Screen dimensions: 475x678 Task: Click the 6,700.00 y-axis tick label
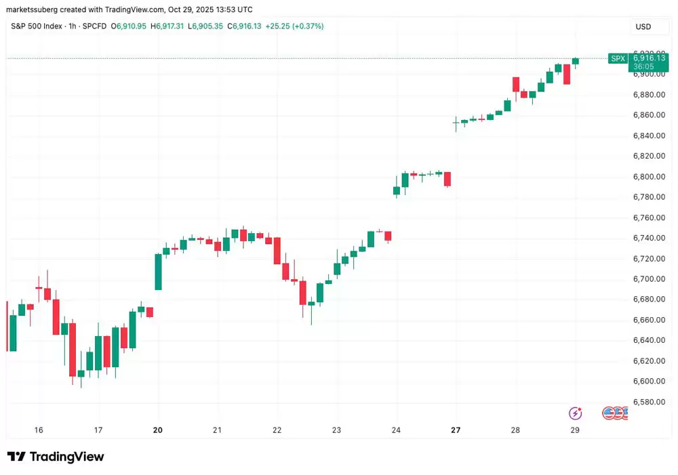coord(650,279)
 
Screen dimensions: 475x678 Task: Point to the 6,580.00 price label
coord(650,402)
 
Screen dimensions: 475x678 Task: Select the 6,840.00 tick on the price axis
coord(650,136)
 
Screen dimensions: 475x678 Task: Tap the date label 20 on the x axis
coord(158,430)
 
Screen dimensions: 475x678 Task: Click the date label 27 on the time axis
coord(456,430)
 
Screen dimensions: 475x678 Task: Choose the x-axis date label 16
coord(39,430)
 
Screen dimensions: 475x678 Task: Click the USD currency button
coord(643,26)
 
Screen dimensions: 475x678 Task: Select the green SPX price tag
coord(618,59)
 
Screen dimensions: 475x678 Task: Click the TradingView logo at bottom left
coord(56,457)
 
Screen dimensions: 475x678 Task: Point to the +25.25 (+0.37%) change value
coord(294,26)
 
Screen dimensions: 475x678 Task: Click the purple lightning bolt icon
coord(575,413)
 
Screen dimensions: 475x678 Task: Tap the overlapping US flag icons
coord(614,413)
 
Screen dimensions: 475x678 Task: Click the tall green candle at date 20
coord(158,272)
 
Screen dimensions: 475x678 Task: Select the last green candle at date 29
coord(576,61)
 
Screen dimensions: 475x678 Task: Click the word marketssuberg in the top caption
coord(33,9)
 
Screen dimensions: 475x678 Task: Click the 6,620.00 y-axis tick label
coord(650,361)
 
